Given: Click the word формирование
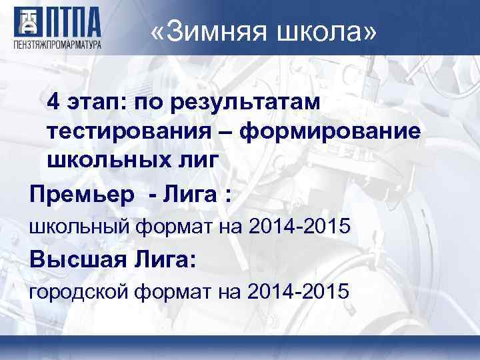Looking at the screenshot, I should [331, 131].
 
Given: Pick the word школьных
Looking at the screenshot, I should [101, 160].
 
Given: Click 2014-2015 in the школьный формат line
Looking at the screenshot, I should [298, 227].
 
